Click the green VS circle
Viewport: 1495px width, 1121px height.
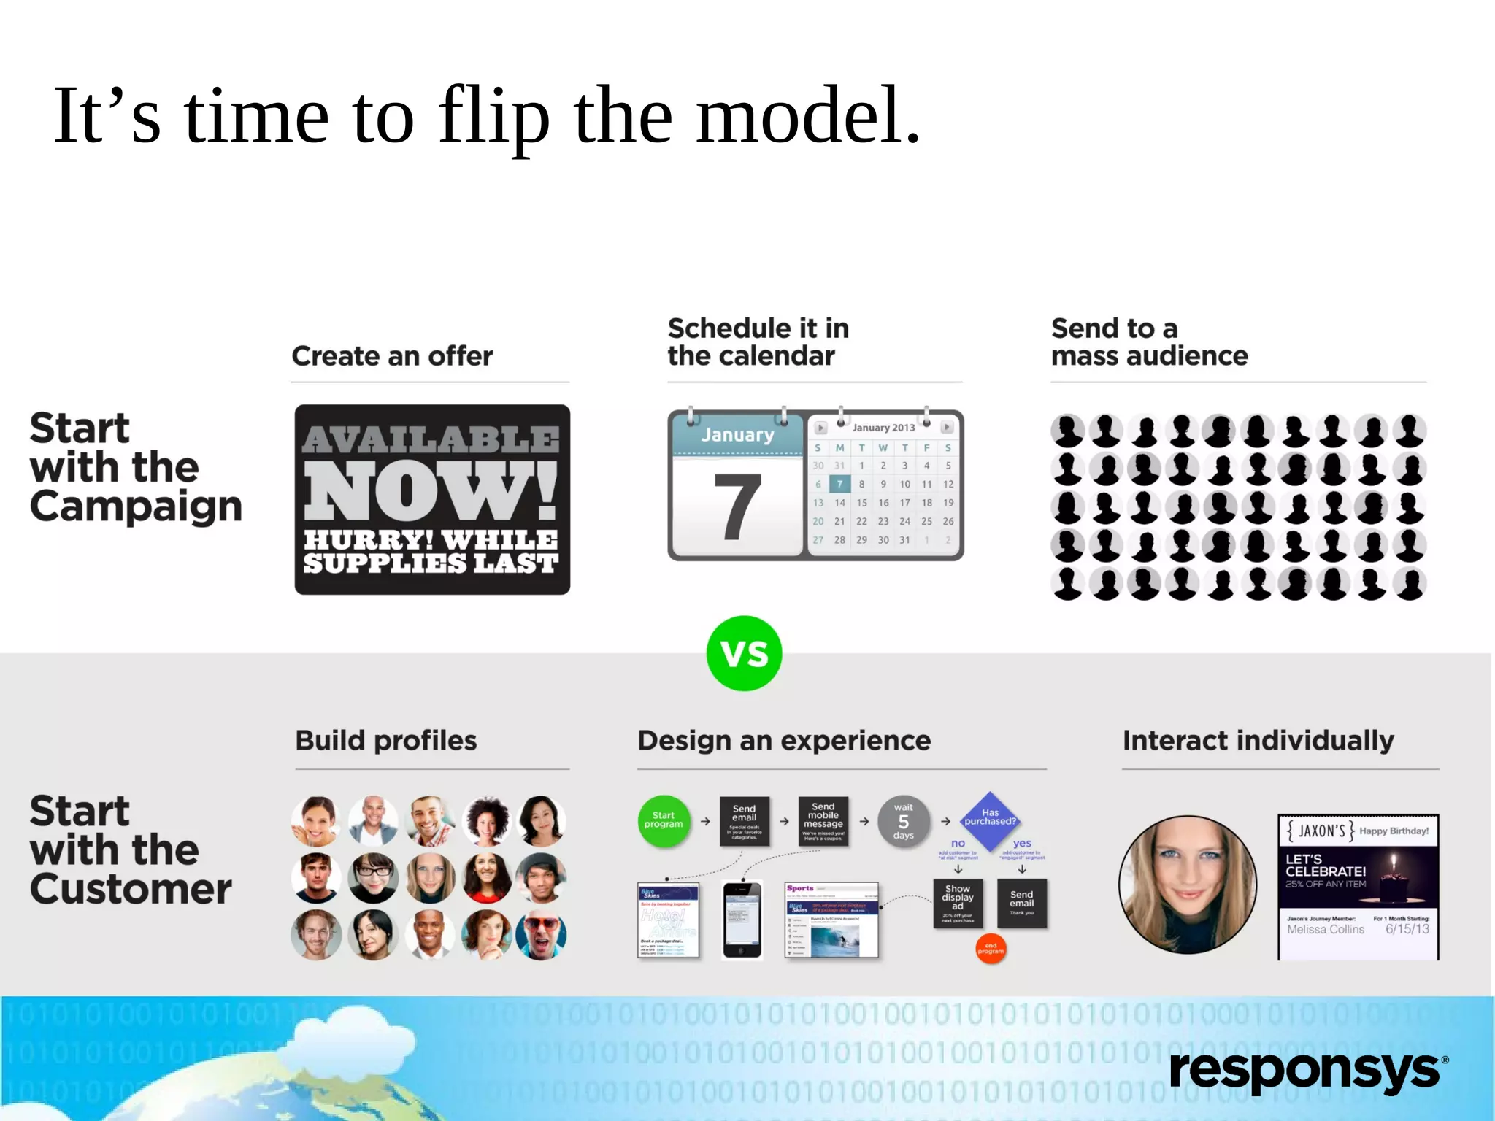pyautogui.click(x=744, y=653)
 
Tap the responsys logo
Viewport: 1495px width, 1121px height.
pyautogui.click(x=1307, y=1071)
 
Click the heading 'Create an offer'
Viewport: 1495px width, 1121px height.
pyautogui.click(x=392, y=356)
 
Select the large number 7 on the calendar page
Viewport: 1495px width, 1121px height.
pyautogui.click(x=737, y=506)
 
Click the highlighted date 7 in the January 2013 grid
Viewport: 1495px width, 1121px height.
pyautogui.click(x=839, y=484)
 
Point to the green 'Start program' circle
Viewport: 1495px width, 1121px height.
pyautogui.click(x=664, y=820)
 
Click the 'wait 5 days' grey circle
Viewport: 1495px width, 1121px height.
pyautogui.click(x=903, y=821)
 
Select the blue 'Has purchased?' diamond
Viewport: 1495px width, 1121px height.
pyautogui.click(x=990, y=820)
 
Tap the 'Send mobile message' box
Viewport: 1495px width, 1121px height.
pyautogui.click(x=823, y=821)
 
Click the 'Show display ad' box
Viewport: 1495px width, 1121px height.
pyautogui.click(x=958, y=903)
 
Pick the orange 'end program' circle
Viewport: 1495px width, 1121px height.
pyautogui.click(x=991, y=948)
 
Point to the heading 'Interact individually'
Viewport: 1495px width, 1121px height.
pyautogui.click(x=1258, y=741)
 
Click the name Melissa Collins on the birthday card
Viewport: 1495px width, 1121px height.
pyautogui.click(x=1325, y=929)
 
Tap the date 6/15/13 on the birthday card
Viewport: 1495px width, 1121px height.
pyautogui.click(x=1407, y=929)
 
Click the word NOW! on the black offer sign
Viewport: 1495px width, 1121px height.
pyautogui.click(x=431, y=490)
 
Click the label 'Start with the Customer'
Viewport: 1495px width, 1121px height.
pyautogui.click(x=130, y=850)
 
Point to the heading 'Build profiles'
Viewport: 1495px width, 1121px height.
pyautogui.click(x=386, y=741)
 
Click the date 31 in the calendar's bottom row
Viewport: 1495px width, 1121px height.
pyautogui.click(x=904, y=540)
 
